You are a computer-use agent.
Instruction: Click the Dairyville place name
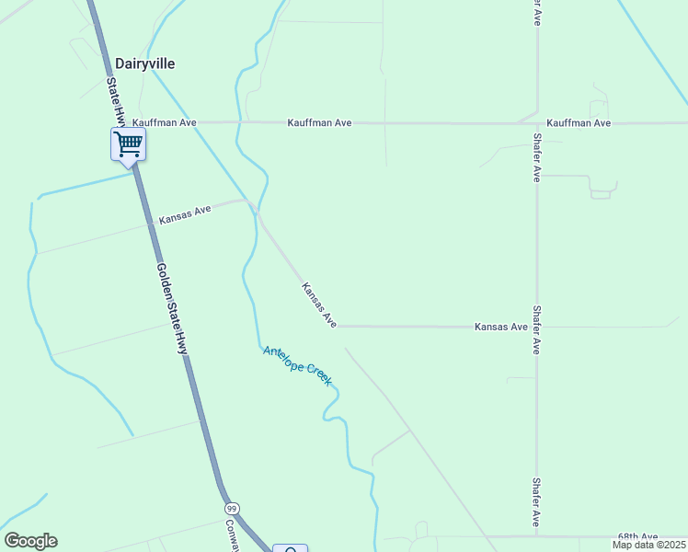pyautogui.click(x=145, y=63)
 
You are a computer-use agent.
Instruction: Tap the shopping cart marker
pyautogui.click(x=128, y=144)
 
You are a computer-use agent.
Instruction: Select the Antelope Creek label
pyautogui.click(x=296, y=365)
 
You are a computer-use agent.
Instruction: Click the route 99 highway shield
pyautogui.click(x=232, y=509)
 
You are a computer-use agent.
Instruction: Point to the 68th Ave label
pyautogui.click(x=638, y=536)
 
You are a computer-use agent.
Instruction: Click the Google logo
pyautogui.click(x=30, y=541)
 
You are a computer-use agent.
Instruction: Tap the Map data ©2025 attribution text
pyautogui.click(x=648, y=545)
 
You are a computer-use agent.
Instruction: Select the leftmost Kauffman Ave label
pyautogui.click(x=166, y=121)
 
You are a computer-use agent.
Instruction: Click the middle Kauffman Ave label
pyautogui.click(x=319, y=122)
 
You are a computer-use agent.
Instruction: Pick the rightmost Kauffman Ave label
pyautogui.click(x=579, y=122)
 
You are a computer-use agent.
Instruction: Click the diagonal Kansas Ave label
pyautogui.click(x=319, y=305)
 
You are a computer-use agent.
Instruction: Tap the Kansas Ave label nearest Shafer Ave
pyautogui.click(x=500, y=327)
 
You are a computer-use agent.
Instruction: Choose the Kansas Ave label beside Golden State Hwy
pyautogui.click(x=185, y=214)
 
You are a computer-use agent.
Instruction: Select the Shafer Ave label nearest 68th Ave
pyautogui.click(x=536, y=502)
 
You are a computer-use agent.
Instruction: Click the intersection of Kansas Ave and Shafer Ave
pyautogui.click(x=536, y=327)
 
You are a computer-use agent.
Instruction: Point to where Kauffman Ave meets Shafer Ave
pyautogui.click(x=536, y=122)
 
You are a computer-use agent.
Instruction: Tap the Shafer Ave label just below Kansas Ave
pyautogui.click(x=536, y=331)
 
